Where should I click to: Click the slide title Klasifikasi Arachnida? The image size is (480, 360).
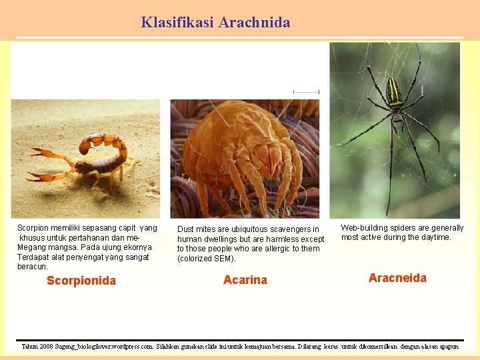coord(215,22)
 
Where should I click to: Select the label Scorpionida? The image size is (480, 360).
coord(81,281)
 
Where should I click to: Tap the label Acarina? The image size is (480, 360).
coord(245,280)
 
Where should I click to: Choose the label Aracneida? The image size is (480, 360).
coord(397,278)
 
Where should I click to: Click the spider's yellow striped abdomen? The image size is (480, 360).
coord(395,93)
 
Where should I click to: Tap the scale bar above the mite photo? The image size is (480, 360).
coord(306,92)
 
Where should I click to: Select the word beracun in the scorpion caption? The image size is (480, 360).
coord(33,267)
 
